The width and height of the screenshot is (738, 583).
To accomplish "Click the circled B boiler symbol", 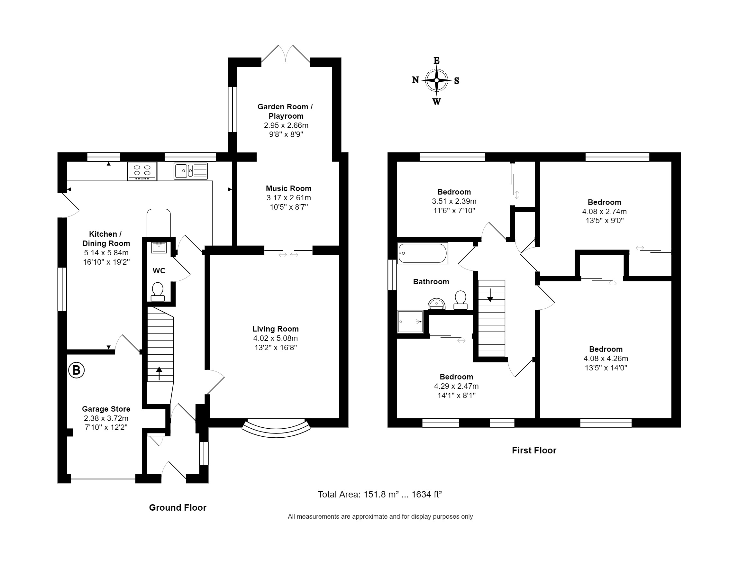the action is (76, 370).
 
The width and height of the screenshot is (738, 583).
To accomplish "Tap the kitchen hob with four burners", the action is (142, 171).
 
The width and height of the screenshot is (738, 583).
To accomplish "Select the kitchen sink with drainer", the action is (190, 171).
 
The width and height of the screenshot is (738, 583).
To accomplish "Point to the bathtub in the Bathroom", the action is (423, 253).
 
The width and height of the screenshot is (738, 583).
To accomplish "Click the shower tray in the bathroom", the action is (410, 322).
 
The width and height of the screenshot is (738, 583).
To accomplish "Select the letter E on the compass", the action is (437, 60).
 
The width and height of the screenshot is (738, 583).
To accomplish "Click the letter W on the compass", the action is (437, 101).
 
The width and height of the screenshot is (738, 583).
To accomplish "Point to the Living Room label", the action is (276, 329).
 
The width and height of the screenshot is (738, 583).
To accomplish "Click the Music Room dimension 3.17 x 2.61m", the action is (289, 198).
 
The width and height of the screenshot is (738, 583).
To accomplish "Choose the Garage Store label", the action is (106, 409).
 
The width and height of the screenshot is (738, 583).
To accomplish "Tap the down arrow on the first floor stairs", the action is (490, 295).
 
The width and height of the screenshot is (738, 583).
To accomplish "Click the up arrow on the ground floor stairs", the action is (159, 373).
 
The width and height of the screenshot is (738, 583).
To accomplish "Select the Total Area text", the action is (380, 494).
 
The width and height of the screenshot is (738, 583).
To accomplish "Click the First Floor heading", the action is (534, 450).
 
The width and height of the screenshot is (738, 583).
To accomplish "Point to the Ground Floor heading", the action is (178, 507).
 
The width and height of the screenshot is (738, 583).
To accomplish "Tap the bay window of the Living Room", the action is (276, 429).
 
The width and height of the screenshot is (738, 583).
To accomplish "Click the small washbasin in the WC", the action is (159, 248).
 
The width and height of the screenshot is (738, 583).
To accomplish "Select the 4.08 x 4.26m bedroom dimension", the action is (606, 359).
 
